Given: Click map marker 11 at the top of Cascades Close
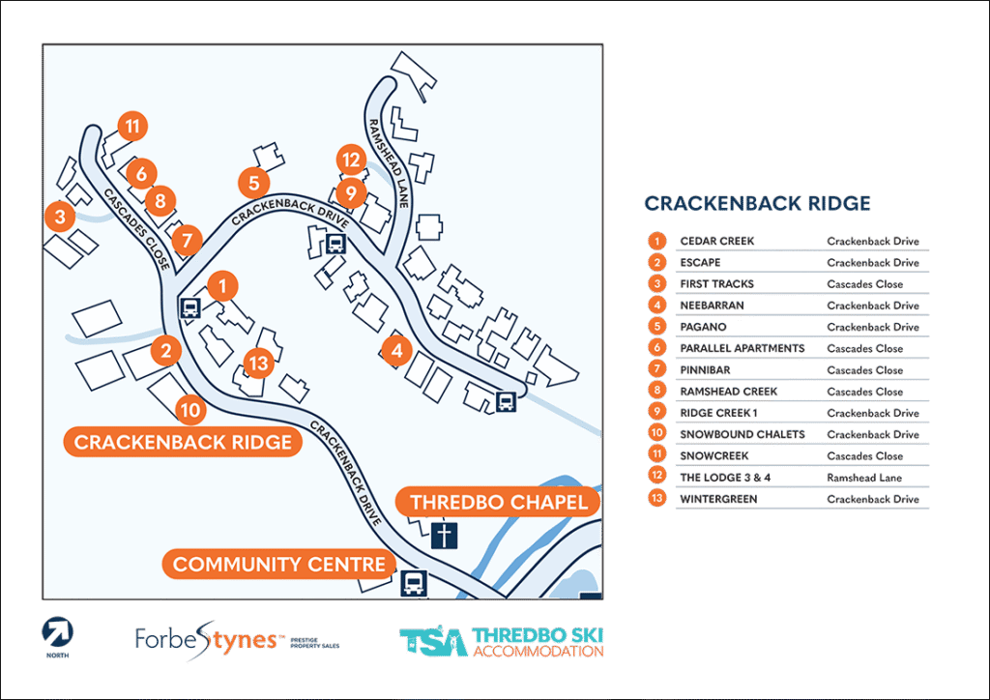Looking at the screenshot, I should click(132, 127).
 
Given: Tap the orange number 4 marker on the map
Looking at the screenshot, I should click(394, 351).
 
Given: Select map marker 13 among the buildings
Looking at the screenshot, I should click(258, 364).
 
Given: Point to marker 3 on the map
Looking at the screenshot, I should click(60, 216).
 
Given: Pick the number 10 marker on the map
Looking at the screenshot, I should click(190, 410).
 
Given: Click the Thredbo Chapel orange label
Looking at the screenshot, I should click(498, 503).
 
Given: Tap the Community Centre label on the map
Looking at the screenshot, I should click(278, 564).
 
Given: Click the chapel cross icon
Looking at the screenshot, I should click(445, 535).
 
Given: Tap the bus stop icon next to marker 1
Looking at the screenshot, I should click(189, 309).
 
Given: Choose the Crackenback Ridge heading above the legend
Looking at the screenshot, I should click(757, 203).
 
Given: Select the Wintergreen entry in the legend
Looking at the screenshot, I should click(717, 499).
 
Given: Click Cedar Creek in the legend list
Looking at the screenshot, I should click(716, 241).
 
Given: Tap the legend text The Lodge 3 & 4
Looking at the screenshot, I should click(724, 478).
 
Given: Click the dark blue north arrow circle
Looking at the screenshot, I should click(57, 634).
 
